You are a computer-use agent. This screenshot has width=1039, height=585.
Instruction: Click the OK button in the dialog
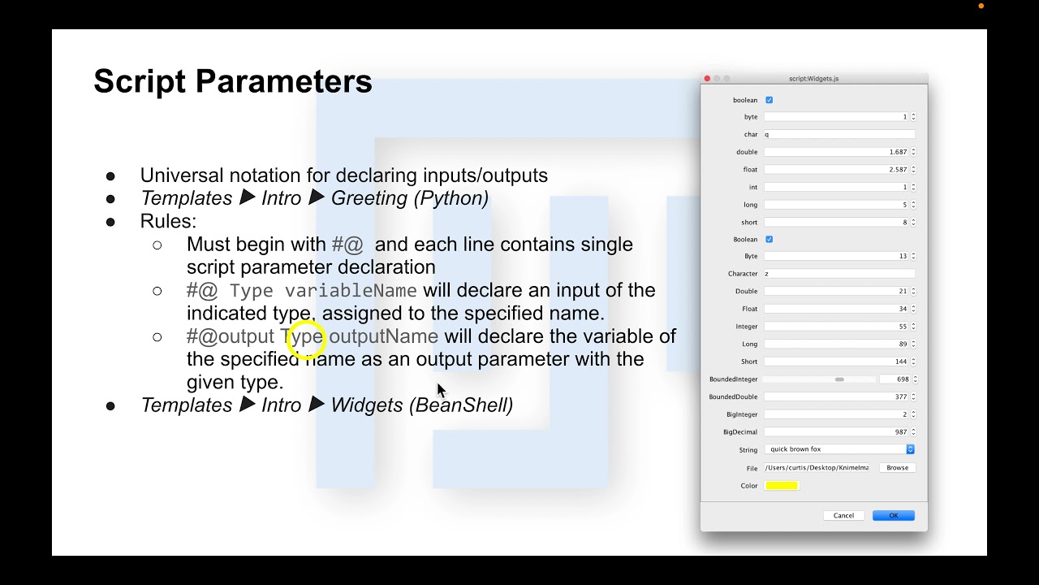[893, 515]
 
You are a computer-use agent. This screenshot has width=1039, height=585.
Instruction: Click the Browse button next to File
[897, 468]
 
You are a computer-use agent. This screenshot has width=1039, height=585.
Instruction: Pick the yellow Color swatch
[781, 486]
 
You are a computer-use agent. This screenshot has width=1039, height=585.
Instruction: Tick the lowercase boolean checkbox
[770, 100]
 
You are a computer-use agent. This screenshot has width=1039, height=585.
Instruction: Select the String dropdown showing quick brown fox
[839, 449]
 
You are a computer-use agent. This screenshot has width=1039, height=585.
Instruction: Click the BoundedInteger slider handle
[839, 379]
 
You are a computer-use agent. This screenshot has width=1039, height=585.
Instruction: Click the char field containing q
[839, 135]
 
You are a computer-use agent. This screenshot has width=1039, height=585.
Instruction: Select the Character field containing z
[839, 274]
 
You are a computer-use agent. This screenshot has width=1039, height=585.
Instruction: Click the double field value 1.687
[836, 152]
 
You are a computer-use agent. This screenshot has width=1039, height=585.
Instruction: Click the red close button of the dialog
[707, 79]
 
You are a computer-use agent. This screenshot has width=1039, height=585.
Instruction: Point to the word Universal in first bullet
[183, 175]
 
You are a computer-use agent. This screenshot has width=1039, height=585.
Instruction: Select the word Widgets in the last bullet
[366, 405]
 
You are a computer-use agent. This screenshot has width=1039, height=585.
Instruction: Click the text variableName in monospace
[351, 291]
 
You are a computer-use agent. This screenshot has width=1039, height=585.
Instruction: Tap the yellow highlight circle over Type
[306, 339]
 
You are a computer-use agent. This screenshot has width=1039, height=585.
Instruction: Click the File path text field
[817, 468]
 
